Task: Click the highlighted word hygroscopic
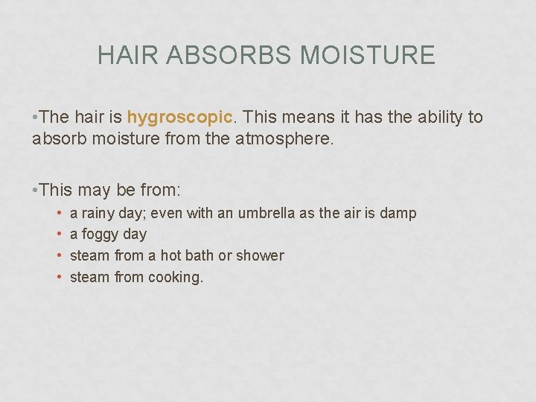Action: [180, 118]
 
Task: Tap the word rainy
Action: [98, 214]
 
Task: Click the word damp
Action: [398, 214]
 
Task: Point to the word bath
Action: [199, 255]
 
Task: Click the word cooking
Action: [176, 278]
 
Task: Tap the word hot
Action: [170, 255]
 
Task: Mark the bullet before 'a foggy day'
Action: [58, 234]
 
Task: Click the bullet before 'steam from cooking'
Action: [58, 278]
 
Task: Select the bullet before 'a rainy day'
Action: [58, 214]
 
